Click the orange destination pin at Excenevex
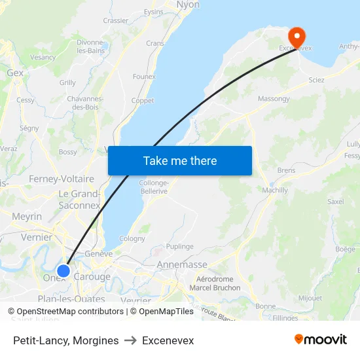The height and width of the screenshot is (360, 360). coord(297,35)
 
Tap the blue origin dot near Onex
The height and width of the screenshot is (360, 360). coord(63,270)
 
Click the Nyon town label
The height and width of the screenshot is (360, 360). coord(188,5)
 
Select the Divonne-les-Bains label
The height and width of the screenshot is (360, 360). coord(91,46)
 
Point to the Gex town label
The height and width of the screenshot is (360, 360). coord(15,73)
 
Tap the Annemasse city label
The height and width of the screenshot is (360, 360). coord(182,265)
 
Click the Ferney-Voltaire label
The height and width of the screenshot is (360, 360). coord(62,179)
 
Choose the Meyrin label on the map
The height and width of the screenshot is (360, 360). coord(27,217)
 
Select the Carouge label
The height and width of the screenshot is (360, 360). coord(92,277)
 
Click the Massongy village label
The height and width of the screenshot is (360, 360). coord(274,99)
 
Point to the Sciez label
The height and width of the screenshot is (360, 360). coord(316,79)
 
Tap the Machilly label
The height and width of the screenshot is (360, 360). coord(274,190)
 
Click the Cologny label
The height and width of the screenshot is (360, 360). coord(132,238)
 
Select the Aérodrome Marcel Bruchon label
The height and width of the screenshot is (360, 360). coord(215,283)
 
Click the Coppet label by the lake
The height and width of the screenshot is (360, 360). coord(143,100)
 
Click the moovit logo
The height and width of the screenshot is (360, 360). coord(321,340)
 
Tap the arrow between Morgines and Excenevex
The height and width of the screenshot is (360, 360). coord(131,340)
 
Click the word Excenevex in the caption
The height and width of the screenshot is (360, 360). coord(168,340)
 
